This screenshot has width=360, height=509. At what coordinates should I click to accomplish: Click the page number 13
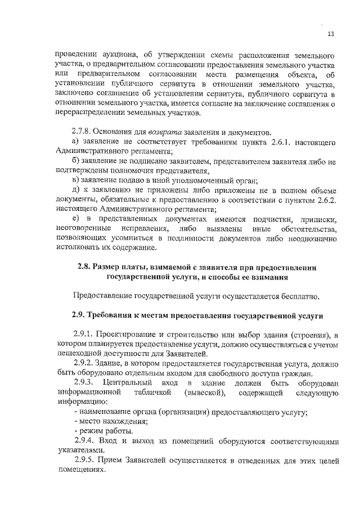[331, 34]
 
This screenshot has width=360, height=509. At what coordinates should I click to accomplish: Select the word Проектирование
[126, 335]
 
